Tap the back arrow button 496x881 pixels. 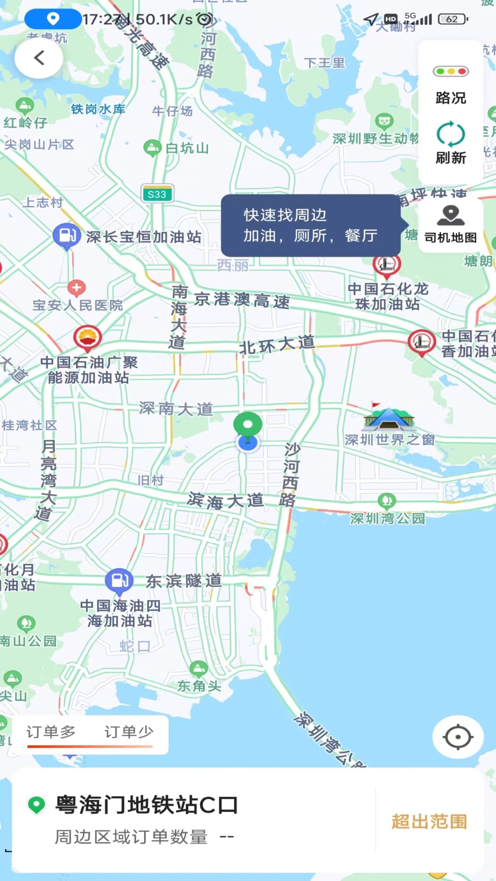(x=39, y=58)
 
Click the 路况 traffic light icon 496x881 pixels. (x=451, y=72)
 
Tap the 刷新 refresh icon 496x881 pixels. (x=451, y=134)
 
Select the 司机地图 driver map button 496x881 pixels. (x=451, y=225)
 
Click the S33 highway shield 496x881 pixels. (x=157, y=194)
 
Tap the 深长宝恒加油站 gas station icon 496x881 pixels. (x=67, y=235)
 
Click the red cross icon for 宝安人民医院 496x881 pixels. (x=76, y=288)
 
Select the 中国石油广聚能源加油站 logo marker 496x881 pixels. (x=87, y=338)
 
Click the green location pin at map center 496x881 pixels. (x=248, y=425)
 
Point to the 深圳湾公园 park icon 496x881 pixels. (x=387, y=501)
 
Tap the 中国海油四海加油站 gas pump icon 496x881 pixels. (x=119, y=580)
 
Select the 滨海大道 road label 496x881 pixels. (x=225, y=501)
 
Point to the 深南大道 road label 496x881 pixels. (x=176, y=408)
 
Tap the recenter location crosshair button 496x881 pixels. (x=457, y=737)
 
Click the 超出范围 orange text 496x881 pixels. (x=429, y=821)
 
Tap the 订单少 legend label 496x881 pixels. (x=129, y=732)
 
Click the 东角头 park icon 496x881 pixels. (x=198, y=669)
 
